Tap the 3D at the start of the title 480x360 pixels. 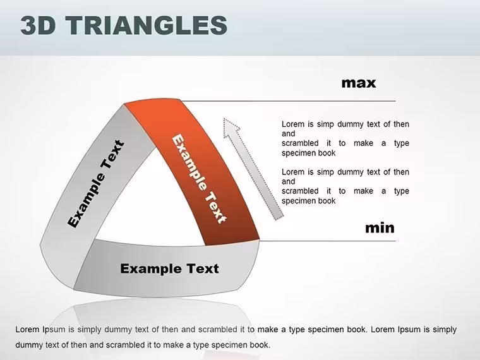tap(38, 25)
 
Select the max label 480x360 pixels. tap(359, 83)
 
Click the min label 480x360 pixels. tap(380, 228)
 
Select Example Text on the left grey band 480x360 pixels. tap(96, 184)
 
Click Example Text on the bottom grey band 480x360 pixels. tap(169, 268)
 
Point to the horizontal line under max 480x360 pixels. tap(288, 100)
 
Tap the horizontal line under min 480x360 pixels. tap(328, 241)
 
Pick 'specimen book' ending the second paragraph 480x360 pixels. tap(309, 201)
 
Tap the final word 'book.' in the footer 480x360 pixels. tap(260, 345)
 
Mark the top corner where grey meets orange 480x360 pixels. tap(124, 104)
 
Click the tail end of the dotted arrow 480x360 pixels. tap(279, 217)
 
